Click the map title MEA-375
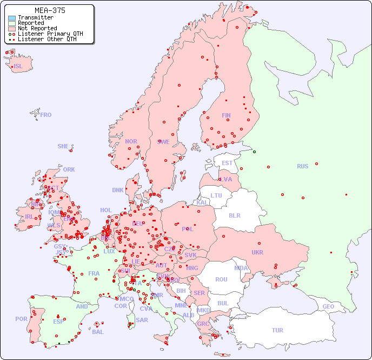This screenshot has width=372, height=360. coord(50,10)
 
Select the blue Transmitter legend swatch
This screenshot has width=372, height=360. coord(12,18)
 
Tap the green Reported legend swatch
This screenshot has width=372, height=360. coord(12,23)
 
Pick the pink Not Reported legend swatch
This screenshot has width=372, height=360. coord(12,29)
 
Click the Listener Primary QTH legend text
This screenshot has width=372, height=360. coord(50,34)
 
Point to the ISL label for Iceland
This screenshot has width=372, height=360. coord(18,67)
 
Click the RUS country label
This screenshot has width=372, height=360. coord(302,166)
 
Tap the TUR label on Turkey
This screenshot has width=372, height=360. coord(277,330)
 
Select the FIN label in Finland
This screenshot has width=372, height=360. coord(226,115)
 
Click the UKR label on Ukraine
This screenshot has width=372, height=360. coord(257,252)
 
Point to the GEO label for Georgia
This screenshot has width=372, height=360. coord(328,306)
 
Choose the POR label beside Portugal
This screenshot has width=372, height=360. coord(21,319)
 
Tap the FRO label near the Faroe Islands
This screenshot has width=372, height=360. coord(46,115)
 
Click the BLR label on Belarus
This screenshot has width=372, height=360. coord(235,215)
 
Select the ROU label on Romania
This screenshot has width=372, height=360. coord(221,279)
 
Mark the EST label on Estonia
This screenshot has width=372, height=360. coord(227,163)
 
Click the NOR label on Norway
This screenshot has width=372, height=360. coord(131,141)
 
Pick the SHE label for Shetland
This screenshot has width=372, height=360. coord(63,146)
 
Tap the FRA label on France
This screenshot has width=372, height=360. coord(94,273)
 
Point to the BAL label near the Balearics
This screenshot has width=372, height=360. coord(98,332)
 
